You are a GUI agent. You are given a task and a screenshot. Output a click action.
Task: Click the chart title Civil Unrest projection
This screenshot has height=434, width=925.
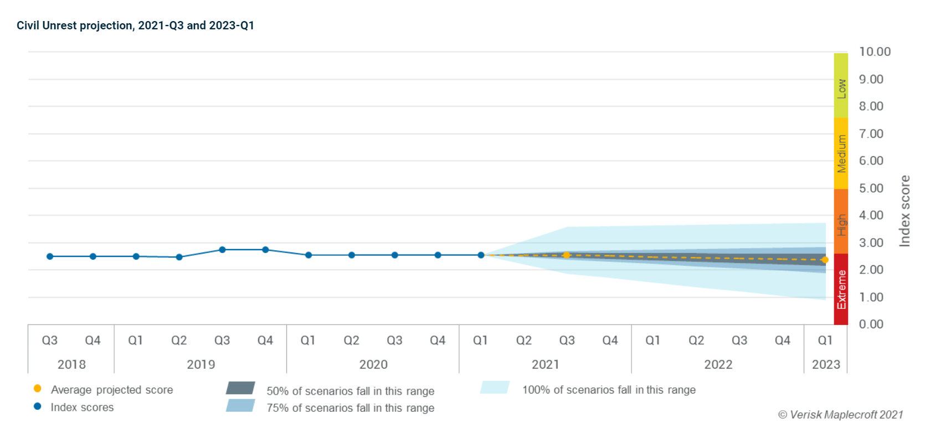tap(135, 25)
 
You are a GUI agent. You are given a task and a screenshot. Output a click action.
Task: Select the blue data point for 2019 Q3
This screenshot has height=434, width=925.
tap(222, 250)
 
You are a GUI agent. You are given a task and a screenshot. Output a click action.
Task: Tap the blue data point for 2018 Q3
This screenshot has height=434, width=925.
tap(50, 256)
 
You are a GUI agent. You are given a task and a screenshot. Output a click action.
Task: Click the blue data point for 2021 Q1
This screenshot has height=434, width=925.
tap(481, 255)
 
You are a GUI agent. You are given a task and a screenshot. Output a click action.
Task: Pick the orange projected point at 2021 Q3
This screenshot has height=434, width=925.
tap(567, 255)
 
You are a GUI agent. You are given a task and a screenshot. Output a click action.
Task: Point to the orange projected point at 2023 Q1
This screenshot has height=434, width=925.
tap(825, 260)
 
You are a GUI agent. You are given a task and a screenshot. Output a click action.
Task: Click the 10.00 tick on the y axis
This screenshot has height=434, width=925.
tap(875, 52)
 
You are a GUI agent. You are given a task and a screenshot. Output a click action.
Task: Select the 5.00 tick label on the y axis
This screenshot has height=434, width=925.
tap(871, 188)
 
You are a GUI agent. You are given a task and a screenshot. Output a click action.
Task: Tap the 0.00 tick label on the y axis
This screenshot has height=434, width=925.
tap(871, 324)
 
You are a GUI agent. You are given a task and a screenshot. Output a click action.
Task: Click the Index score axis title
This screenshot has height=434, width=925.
tap(905, 211)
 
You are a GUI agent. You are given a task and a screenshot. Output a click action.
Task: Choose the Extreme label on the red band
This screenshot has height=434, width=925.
tap(841, 290)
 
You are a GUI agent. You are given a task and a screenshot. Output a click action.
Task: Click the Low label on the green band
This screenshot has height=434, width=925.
tap(841, 89)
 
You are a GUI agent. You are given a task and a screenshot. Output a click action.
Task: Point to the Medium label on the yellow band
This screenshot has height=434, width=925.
tap(841, 153)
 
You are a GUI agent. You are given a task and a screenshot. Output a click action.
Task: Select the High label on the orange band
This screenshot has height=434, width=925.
tap(841, 225)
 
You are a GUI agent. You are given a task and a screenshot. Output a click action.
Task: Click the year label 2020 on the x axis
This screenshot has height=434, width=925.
tap(373, 365)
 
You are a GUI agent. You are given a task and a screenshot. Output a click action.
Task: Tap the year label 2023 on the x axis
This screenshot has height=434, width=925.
tap(826, 365)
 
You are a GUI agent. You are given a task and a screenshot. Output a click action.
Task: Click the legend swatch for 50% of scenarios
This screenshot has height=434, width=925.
tap(240, 388)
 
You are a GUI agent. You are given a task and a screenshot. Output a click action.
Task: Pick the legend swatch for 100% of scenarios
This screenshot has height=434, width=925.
tap(495, 387)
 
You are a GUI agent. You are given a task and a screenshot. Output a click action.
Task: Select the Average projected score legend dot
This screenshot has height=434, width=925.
tap(38, 389)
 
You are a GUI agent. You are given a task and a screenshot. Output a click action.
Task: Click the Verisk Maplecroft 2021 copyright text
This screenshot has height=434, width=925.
tap(840, 415)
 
